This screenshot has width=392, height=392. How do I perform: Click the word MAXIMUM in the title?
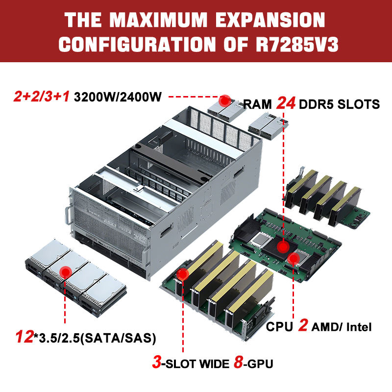click(x=159, y=20)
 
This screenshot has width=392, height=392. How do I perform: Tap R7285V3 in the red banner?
click(x=297, y=44)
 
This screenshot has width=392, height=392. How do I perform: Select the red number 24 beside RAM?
click(x=286, y=103)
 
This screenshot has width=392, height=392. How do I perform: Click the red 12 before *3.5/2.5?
click(x=24, y=337)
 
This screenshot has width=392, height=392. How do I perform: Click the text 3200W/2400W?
click(x=118, y=97)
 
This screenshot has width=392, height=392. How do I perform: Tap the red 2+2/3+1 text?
click(x=42, y=97)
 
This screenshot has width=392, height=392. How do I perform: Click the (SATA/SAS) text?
click(x=118, y=338)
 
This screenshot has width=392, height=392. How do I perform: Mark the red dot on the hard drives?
click(x=66, y=272)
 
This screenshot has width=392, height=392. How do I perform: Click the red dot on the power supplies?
click(x=225, y=101)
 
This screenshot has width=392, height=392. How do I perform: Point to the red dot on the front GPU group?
click(x=182, y=274)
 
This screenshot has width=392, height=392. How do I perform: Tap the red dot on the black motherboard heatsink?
click(x=283, y=247)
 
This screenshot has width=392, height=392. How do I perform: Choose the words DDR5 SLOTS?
click(x=339, y=104)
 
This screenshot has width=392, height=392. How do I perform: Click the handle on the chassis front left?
click(x=68, y=216)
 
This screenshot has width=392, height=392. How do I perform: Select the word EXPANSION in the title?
click(x=270, y=20)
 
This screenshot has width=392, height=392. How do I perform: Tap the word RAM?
click(x=257, y=104)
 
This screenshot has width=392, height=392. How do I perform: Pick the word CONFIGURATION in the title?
click(x=137, y=44)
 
